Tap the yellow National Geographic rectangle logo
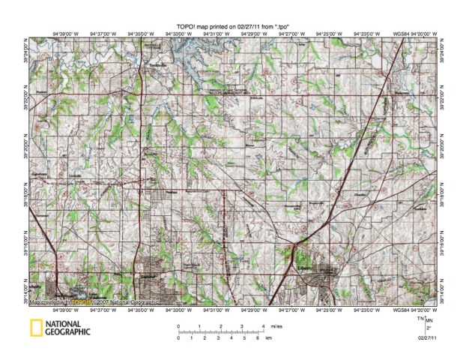[x=34, y=327]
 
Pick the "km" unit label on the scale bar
[x=268, y=338]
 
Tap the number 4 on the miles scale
[x=263, y=325]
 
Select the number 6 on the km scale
[x=258, y=338]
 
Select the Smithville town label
[x=157, y=66]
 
